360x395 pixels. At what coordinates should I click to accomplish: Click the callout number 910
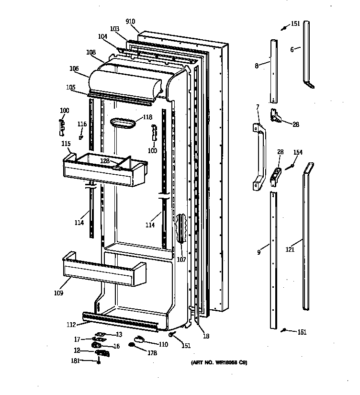click(130, 22)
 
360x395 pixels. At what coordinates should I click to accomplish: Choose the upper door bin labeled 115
click(103, 170)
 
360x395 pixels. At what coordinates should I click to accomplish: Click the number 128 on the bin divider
click(105, 161)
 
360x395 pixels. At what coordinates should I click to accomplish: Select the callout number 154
click(298, 152)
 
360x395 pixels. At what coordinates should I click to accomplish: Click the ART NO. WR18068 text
click(218, 362)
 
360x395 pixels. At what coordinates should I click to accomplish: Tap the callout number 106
click(74, 68)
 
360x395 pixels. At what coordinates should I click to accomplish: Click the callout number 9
click(259, 252)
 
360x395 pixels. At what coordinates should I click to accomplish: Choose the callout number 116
click(82, 124)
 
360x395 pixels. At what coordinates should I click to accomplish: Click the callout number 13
click(119, 334)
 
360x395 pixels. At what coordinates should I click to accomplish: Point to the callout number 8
click(257, 66)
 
